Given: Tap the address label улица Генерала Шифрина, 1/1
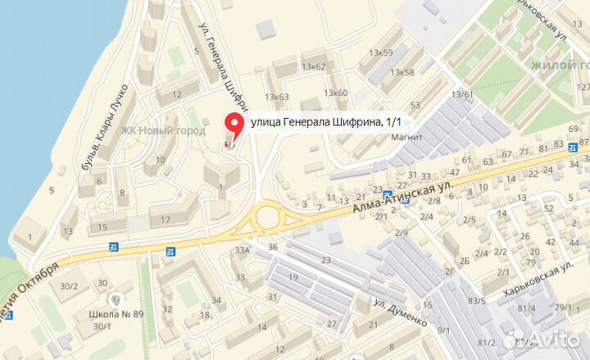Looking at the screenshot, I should (x=326, y=122).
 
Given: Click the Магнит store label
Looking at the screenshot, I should (x=406, y=137).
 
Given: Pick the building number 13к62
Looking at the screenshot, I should (x=313, y=66).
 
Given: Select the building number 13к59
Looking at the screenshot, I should (x=381, y=53).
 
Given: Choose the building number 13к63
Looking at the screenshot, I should (x=276, y=98).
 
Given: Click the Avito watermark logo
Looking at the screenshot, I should (x=541, y=338).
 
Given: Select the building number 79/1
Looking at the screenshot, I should (x=563, y=308).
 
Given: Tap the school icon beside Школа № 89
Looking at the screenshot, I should (x=117, y=300).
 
